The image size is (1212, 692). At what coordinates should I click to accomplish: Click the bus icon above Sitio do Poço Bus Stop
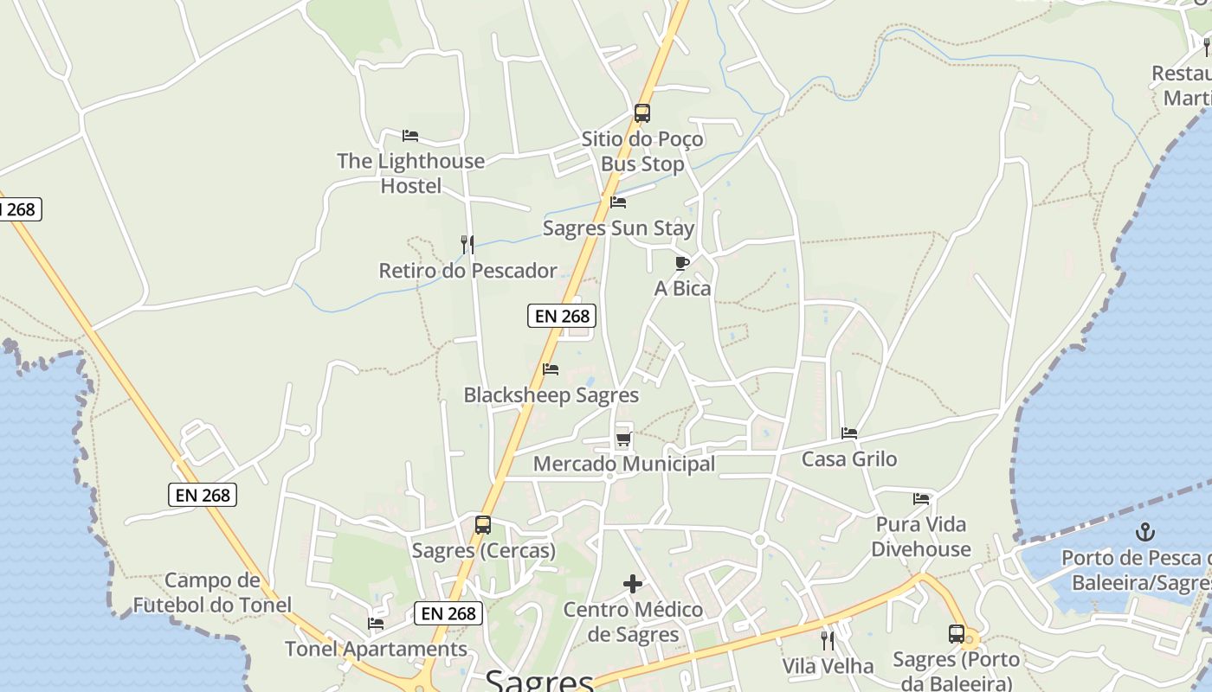[641, 112]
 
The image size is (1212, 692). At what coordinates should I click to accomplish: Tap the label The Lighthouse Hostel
[411, 173]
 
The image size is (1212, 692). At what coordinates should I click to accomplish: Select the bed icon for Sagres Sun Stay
[618, 202]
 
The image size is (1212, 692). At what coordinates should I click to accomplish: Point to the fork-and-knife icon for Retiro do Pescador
[467, 245]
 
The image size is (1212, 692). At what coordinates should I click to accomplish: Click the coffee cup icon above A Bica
[682, 263]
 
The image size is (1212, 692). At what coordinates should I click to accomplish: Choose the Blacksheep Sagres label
[551, 395]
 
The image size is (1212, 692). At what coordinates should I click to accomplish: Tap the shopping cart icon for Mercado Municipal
[623, 439]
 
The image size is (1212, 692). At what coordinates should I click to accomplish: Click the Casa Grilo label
[849, 459]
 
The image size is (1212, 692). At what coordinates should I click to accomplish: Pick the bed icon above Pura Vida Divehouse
[921, 499]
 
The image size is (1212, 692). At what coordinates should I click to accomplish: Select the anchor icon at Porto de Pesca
[1145, 532]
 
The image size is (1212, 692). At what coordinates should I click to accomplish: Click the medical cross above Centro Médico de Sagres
[633, 585]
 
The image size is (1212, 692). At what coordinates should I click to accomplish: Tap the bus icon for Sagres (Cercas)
[483, 525]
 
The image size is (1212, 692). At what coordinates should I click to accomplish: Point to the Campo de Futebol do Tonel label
[212, 593]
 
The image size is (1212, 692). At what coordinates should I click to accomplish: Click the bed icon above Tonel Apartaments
[376, 623]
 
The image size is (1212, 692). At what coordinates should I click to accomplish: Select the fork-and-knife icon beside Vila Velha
[828, 641]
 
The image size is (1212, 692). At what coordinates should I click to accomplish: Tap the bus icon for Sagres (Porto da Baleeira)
[957, 634]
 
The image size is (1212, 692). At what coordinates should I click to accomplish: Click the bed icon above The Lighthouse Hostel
[410, 136]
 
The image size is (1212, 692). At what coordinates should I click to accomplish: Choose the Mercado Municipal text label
[624, 464]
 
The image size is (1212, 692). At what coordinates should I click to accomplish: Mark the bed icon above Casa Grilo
[849, 433]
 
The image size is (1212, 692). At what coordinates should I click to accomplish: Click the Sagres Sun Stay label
[618, 228]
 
